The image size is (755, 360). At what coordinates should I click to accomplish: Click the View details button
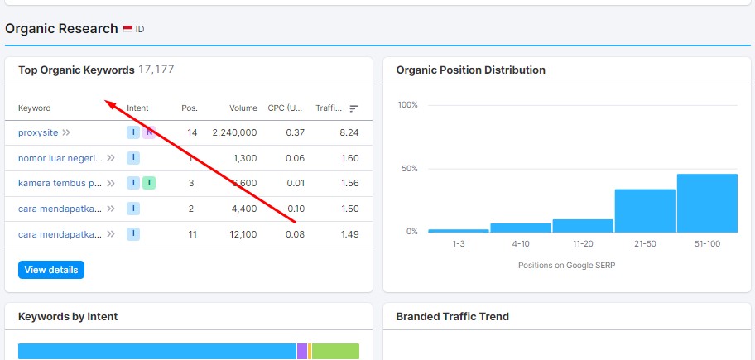click(51, 270)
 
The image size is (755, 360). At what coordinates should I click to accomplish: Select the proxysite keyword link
click(38, 132)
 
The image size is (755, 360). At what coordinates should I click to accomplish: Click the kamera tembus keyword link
click(60, 183)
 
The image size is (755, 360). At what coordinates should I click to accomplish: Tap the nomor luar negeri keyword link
click(60, 158)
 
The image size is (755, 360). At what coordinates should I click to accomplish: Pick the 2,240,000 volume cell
click(234, 132)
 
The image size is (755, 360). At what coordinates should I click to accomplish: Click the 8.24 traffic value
click(349, 132)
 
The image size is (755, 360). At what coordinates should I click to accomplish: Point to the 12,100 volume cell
click(241, 234)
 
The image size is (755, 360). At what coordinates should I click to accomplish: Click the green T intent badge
click(149, 183)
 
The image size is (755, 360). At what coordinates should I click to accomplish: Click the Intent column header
click(137, 108)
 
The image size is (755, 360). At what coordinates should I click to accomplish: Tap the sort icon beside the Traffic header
click(353, 108)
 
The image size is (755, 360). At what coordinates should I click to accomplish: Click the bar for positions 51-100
click(707, 204)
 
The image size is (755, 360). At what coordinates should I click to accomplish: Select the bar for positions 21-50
click(645, 211)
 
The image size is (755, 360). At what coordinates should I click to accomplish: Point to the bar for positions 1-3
click(459, 230)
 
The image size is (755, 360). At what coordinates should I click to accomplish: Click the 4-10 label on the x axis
click(521, 245)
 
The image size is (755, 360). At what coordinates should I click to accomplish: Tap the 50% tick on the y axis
click(408, 169)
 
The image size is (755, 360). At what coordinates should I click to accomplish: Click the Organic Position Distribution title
click(471, 70)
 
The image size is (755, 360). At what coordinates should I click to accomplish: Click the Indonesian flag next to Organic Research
click(128, 29)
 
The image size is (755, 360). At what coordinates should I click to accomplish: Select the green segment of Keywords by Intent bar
click(335, 352)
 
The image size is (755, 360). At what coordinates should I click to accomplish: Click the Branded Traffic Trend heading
click(452, 316)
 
